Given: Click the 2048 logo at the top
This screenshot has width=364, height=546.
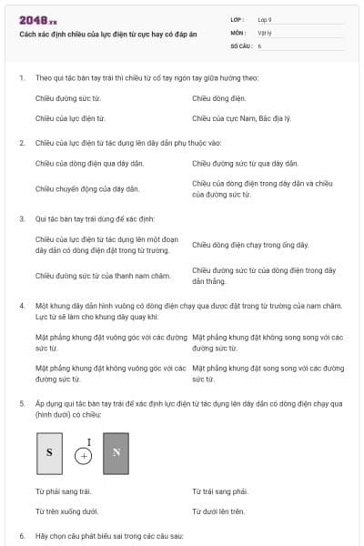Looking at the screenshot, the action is pyautogui.click(x=37, y=20).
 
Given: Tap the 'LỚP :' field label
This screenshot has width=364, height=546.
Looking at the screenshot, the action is pyautogui.click(x=238, y=18).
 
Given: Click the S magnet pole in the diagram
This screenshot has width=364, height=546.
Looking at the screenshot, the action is pyautogui.click(x=49, y=452).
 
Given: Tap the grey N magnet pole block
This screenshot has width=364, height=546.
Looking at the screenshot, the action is pyautogui.click(x=116, y=452).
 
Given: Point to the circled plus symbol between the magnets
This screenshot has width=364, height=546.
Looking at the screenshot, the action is pyautogui.click(x=84, y=457).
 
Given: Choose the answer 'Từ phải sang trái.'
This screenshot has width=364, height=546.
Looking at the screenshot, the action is pyautogui.click(x=64, y=491).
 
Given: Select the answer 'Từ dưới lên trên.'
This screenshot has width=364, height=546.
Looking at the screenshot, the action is pyautogui.click(x=218, y=511).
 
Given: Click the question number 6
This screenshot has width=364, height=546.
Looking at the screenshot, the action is pyautogui.click(x=22, y=536).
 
